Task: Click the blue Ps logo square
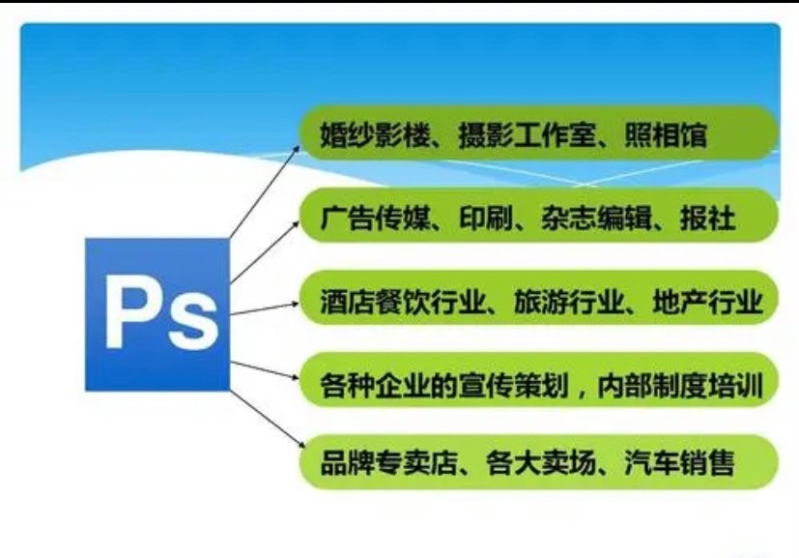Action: pyautogui.click(x=157, y=314)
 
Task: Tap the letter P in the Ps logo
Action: pyautogui.click(x=129, y=311)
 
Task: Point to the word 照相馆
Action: pyautogui.click(x=666, y=135)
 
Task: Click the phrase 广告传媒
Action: pyautogui.click(x=375, y=219)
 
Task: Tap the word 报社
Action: pyautogui.click(x=708, y=219)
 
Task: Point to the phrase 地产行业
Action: pyautogui.click(x=708, y=302)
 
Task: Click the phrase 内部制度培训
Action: pyautogui.click(x=680, y=386)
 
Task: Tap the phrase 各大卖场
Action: pyautogui.click(x=541, y=462)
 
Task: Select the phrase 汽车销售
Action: pyautogui.click(x=680, y=462)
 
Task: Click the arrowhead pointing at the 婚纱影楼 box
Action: pyautogui.click(x=296, y=149)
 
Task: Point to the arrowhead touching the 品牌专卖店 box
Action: pyautogui.click(x=296, y=445)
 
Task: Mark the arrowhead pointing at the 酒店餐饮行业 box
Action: pyautogui.click(x=295, y=304)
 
